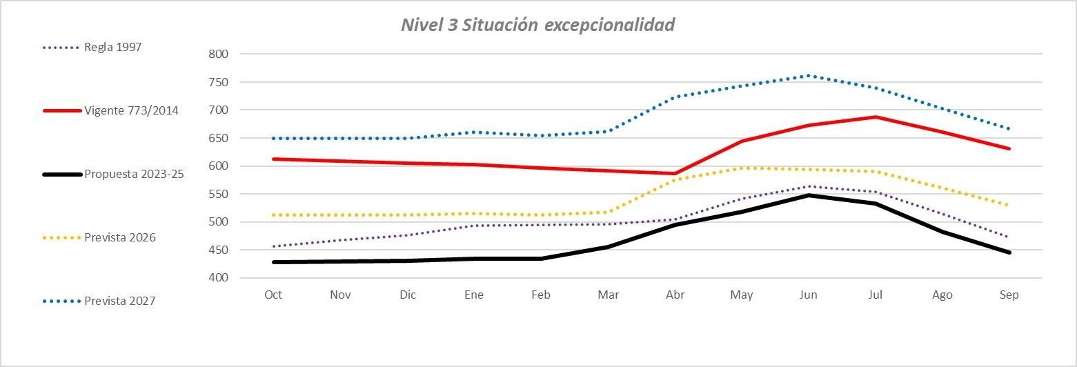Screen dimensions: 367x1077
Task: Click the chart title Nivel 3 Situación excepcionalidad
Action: (537, 26)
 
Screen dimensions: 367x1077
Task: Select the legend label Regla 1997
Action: (112, 48)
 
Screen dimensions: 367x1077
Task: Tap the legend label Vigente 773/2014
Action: (131, 110)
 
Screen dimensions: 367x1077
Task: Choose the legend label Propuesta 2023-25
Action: (134, 174)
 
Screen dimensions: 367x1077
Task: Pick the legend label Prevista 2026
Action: (119, 237)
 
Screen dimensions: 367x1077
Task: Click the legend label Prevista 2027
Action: (119, 301)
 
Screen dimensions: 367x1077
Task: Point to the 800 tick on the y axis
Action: (219, 54)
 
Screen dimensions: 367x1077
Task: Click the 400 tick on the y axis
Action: (219, 278)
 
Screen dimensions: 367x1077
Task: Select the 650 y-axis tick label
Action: (219, 138)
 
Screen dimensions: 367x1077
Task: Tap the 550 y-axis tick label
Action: (219, 194)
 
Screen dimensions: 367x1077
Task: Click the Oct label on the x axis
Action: (273, 295)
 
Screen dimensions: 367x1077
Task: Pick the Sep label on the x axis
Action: (1009, 295)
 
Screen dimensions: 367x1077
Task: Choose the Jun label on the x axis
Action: (808, 295)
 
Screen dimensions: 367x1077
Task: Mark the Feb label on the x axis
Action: (541, 295)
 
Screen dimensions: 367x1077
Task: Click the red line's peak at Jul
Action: (876, 117)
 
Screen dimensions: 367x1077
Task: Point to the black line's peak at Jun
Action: (809, 195)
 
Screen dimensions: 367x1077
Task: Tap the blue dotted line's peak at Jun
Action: (809, 75)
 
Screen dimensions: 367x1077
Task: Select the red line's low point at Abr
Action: (675, 174)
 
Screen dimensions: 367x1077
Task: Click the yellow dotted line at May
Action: (742, 168)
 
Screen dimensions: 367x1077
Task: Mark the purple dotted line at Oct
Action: (273, 246)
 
